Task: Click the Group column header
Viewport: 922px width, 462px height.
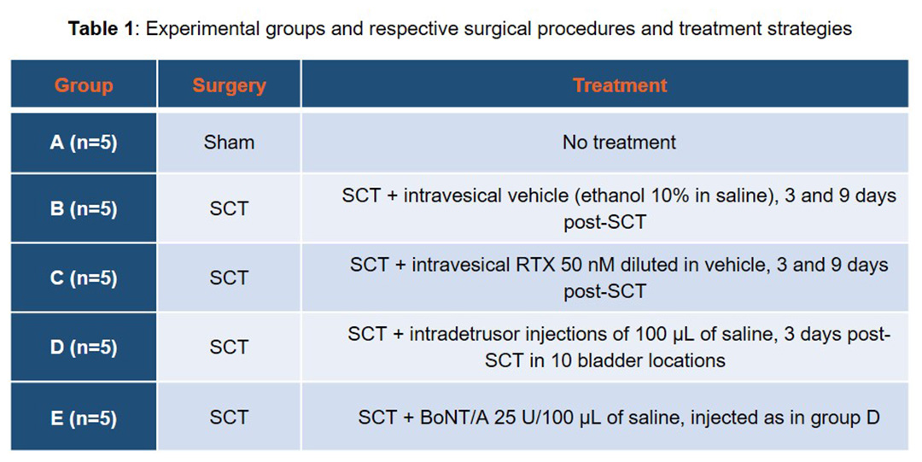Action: tap(84, 86)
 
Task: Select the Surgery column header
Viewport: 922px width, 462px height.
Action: tap(230, 86)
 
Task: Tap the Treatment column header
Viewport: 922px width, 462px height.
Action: tap(620, 85)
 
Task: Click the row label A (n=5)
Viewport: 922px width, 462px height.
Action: tap(84, 143)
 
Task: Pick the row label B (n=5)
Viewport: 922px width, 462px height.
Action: tap(84, 209)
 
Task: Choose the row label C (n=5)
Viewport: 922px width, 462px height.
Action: tap(84, 278)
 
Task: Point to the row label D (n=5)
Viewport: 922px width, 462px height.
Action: tap(84, 348)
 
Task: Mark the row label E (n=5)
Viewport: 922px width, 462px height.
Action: tap(84, 418)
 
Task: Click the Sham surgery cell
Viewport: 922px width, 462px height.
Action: tap(230, 143)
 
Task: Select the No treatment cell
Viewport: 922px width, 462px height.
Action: tap(619, 143)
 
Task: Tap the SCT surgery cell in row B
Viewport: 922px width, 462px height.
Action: tap(230, 208)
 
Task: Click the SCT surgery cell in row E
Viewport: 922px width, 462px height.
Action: tap(230, 418)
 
